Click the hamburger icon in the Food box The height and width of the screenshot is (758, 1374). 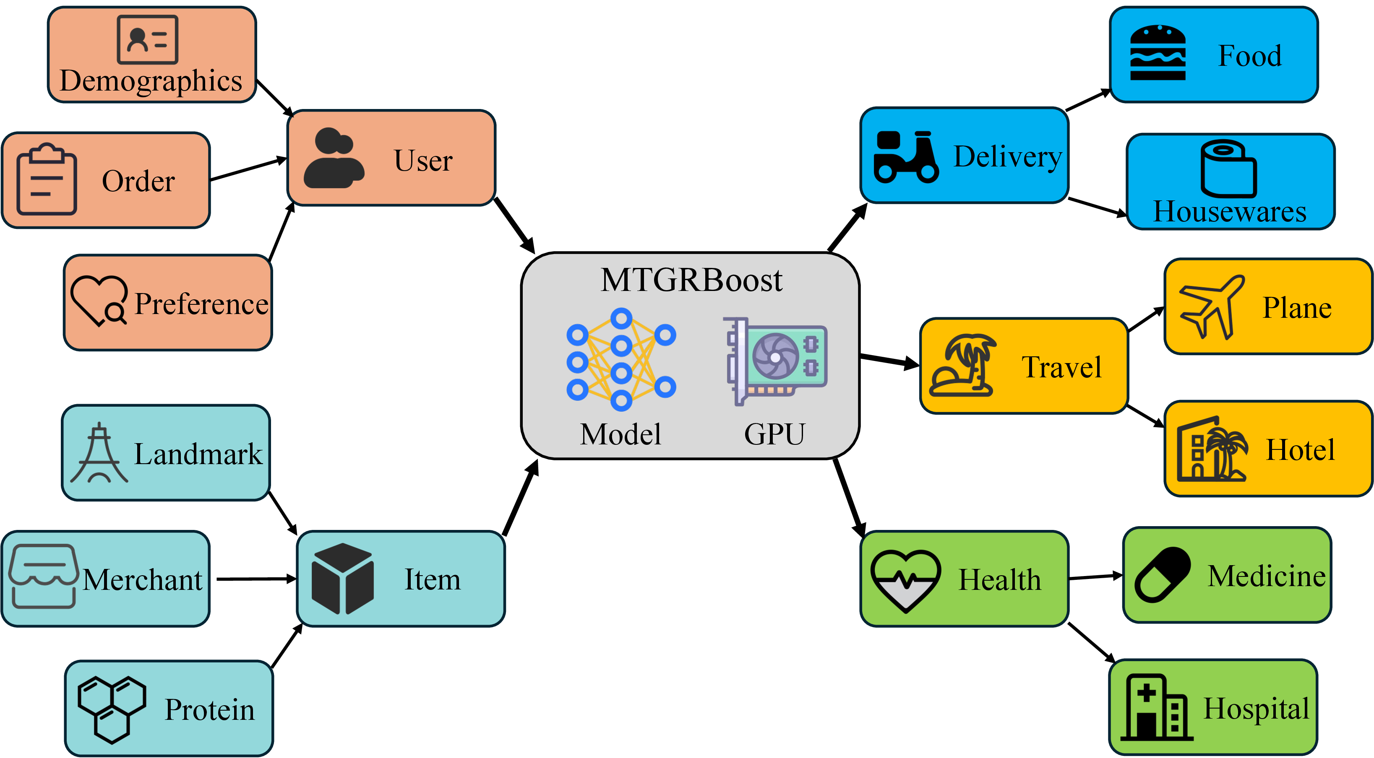pyautogui.click(x=1158, y=53)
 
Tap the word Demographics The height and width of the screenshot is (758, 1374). pyautogui.click(x=151, y=81)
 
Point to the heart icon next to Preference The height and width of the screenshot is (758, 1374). pyautogui.click(x=99, y=301)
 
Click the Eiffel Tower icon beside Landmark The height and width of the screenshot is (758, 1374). pyautogui.click(x=99, y=453)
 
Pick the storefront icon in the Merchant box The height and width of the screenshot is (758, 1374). pyautogui.click(x=43, y=576)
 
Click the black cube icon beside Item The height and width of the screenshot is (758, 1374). pyautogui.click(x=342, y=579)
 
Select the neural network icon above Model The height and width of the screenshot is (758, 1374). pyautogui.click(x=621, y=359)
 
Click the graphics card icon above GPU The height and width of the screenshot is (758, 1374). pyautogui.click(x=777, y=360)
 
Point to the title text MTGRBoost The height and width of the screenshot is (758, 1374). pyautogui.click(x=691, y=280)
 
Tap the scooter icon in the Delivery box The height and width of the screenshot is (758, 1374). pyautogui.click(x=906, y=157)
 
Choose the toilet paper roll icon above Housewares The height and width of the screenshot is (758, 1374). pyautogui.click(x=1228, y=168)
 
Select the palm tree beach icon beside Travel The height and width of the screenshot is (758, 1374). pyautogui.click(x=963, y=366)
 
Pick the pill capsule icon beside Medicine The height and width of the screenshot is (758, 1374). pyautogui.click(x=1163, y=575)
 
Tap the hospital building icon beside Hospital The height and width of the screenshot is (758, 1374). pyautogui.click(x=1156, y=708)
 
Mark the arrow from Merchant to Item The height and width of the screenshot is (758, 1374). pyautogui.click(x=256, y=579)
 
